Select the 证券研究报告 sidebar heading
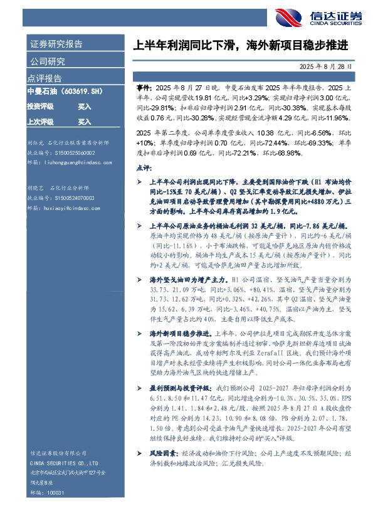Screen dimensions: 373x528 56,45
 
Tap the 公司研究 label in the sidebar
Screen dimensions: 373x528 47,61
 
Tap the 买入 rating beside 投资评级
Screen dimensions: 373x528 85,107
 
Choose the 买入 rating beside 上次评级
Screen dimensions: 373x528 85,122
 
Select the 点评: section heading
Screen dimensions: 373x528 144,169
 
